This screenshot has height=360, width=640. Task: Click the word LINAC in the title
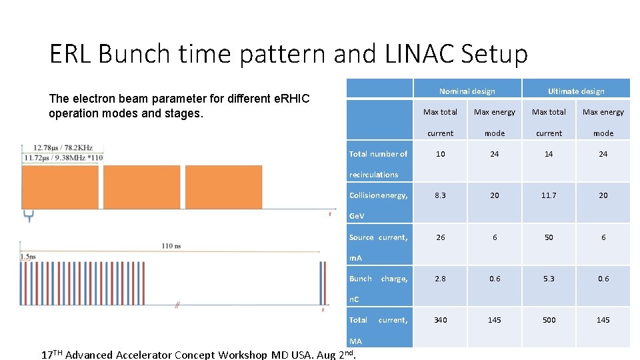[413, 54]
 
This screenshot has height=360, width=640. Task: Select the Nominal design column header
[467, 91]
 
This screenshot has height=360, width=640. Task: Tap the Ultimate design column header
[576, 91]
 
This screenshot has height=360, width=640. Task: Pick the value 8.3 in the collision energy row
[440, 195]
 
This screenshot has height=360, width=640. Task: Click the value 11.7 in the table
[549, 195]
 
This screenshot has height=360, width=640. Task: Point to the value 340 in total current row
[440, 320]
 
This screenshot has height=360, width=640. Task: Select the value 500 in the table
[549, 320]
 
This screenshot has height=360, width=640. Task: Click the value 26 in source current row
[440, 237]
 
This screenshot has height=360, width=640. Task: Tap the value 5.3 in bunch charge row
[549, 279]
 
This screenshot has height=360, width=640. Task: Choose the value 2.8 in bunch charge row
[440, 279]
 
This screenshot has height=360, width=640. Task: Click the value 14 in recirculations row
[549, 154]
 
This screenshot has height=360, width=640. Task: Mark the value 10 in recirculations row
[440, 154]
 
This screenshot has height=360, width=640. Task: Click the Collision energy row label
[378, 195]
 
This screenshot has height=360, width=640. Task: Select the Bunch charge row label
[378, 279]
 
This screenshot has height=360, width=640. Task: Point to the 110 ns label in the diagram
[171, 246]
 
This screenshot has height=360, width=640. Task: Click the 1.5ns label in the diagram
[28, 256]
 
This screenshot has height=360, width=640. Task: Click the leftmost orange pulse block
[60, 187]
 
